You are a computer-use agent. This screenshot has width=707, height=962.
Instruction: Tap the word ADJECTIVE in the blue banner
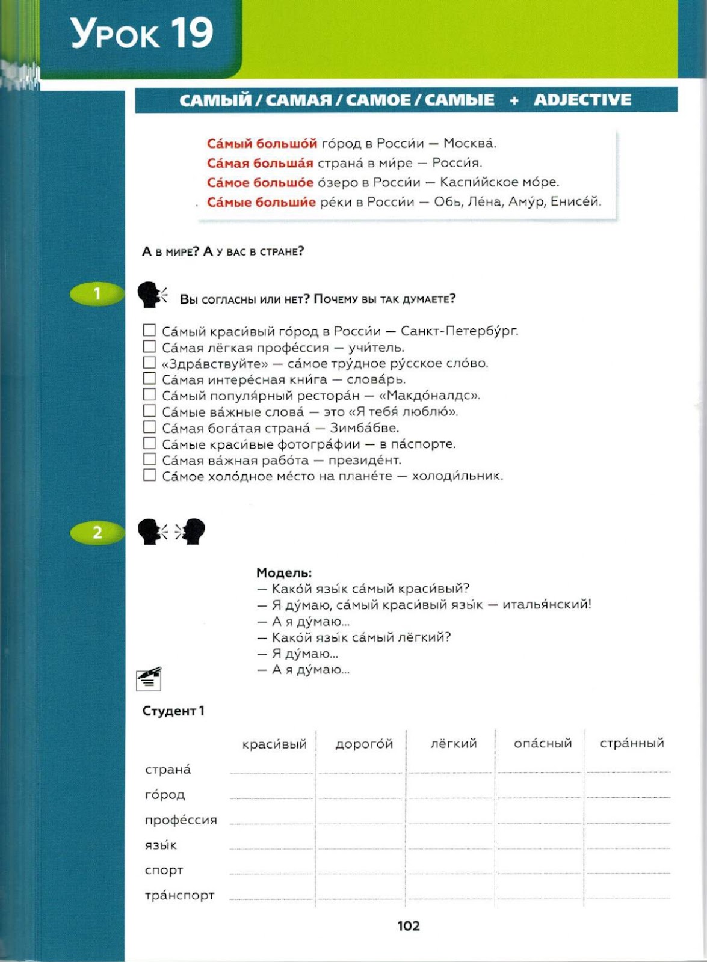pyautogui.click(x=582, y=100)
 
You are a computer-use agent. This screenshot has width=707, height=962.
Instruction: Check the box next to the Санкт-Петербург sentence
pyautogui.click(x=149, y=331)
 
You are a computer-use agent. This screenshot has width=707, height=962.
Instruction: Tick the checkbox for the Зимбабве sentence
pyautogui.click(x=149, y=427)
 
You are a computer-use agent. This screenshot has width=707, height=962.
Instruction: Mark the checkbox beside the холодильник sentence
pyautogui.click(x=149, y=476)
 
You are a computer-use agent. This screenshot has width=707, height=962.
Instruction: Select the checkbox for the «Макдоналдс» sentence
pyautogui.click(x=149, y=395)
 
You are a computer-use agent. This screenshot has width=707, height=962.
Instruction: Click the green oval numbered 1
pyautogui.click(x=97, y=294)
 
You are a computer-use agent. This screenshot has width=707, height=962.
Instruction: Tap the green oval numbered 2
pyautogui.click(x=97, y=532)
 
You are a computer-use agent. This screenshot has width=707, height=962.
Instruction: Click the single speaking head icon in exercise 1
pyautogui.click(x=151, y=295)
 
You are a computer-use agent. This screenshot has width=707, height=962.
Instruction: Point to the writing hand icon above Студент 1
pyautogui.click(x=149, y=678)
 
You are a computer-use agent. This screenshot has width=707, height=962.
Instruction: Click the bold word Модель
pyautogui.click(x=284, y=572)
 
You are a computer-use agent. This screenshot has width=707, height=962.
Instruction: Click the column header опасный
pyautogui.click(x=542, y=743)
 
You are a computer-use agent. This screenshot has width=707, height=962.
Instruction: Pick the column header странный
pyautogui.click(x=631, y=743)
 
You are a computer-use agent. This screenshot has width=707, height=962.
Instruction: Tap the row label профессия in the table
pyautogui.click(x=181, y=820)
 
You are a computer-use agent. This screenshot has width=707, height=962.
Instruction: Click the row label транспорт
pyautogui.click(x=179, y=895)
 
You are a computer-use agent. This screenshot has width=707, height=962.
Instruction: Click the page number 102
pyautogui.click(x=409, y=926)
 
